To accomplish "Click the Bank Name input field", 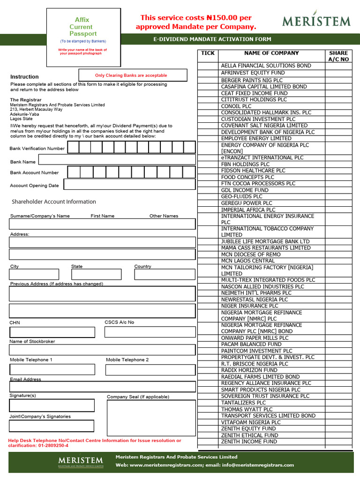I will click(x=117, y=159).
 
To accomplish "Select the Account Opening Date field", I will click(x=129, y=184).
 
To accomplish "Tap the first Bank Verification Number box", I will click(x=73, y=147).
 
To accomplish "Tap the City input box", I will click(x=34, y=274).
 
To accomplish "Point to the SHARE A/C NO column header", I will click(x=338, y=56).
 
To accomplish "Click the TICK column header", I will click(x=208, y=53).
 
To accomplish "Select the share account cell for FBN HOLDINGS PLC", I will click(x=338, y=165).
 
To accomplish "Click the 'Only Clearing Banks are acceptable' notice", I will click(x=131, y=75).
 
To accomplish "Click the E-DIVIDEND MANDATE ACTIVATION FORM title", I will click(x=212, y=39).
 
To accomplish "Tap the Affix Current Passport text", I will click(x=83, y=27).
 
